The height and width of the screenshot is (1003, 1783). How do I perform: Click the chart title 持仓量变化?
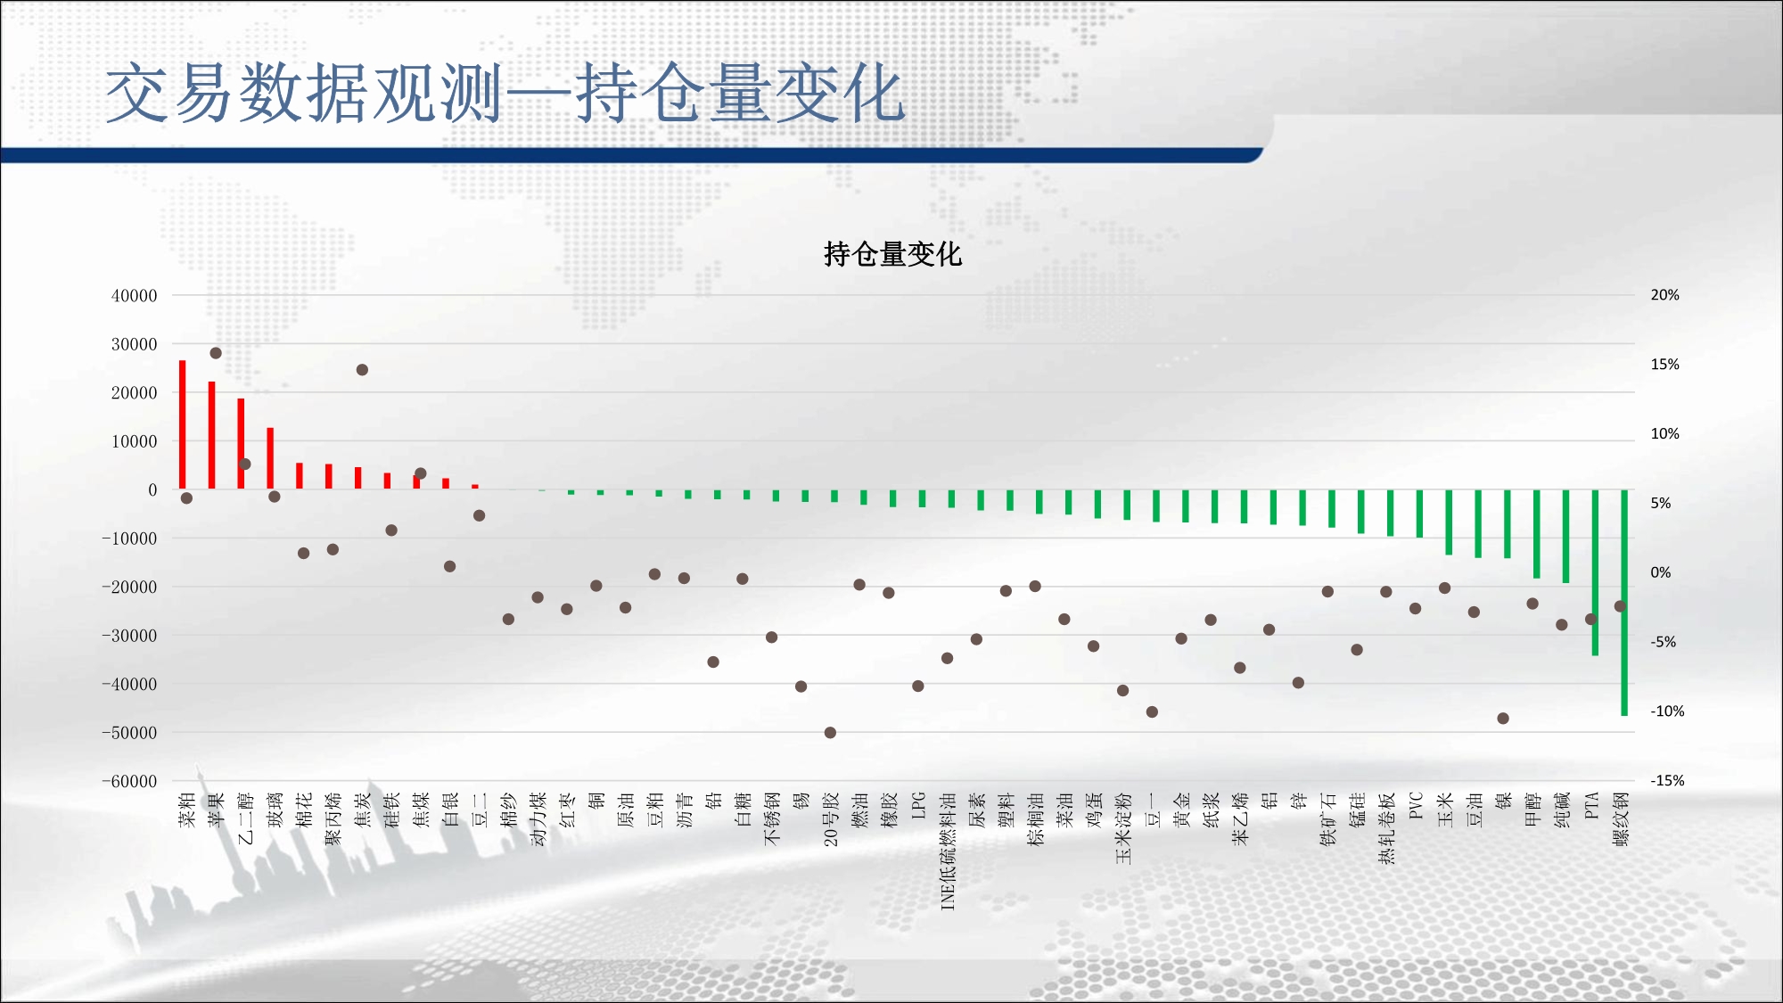click(892, 254)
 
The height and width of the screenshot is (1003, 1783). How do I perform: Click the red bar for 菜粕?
click(183, 424)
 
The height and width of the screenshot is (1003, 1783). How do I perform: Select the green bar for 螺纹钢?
click(1624, 603)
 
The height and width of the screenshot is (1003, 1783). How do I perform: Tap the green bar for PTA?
click(1595, 572)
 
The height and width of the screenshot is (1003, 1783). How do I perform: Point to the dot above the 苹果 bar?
click(216, 353)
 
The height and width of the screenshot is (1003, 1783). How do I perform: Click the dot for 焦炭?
click(362, 370)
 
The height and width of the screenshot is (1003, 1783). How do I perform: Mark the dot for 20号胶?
click(830, 733)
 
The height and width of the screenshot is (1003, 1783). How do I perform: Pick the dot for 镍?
click(1503, 719)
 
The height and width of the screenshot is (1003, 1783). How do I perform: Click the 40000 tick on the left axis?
click(134, 296)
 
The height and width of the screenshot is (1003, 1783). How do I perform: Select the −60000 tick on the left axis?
click(129, 782)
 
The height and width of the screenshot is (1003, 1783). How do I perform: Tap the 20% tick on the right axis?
click(1664, 295)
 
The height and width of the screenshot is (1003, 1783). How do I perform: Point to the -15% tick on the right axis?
click(1667, 781)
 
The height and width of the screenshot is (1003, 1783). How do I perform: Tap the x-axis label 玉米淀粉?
click(1123, 828)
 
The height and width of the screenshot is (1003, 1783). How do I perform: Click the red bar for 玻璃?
click(270, 458)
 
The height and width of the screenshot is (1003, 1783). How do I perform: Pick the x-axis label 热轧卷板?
click(1386, 828)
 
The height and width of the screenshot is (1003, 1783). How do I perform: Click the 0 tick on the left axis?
click(152, 490)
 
